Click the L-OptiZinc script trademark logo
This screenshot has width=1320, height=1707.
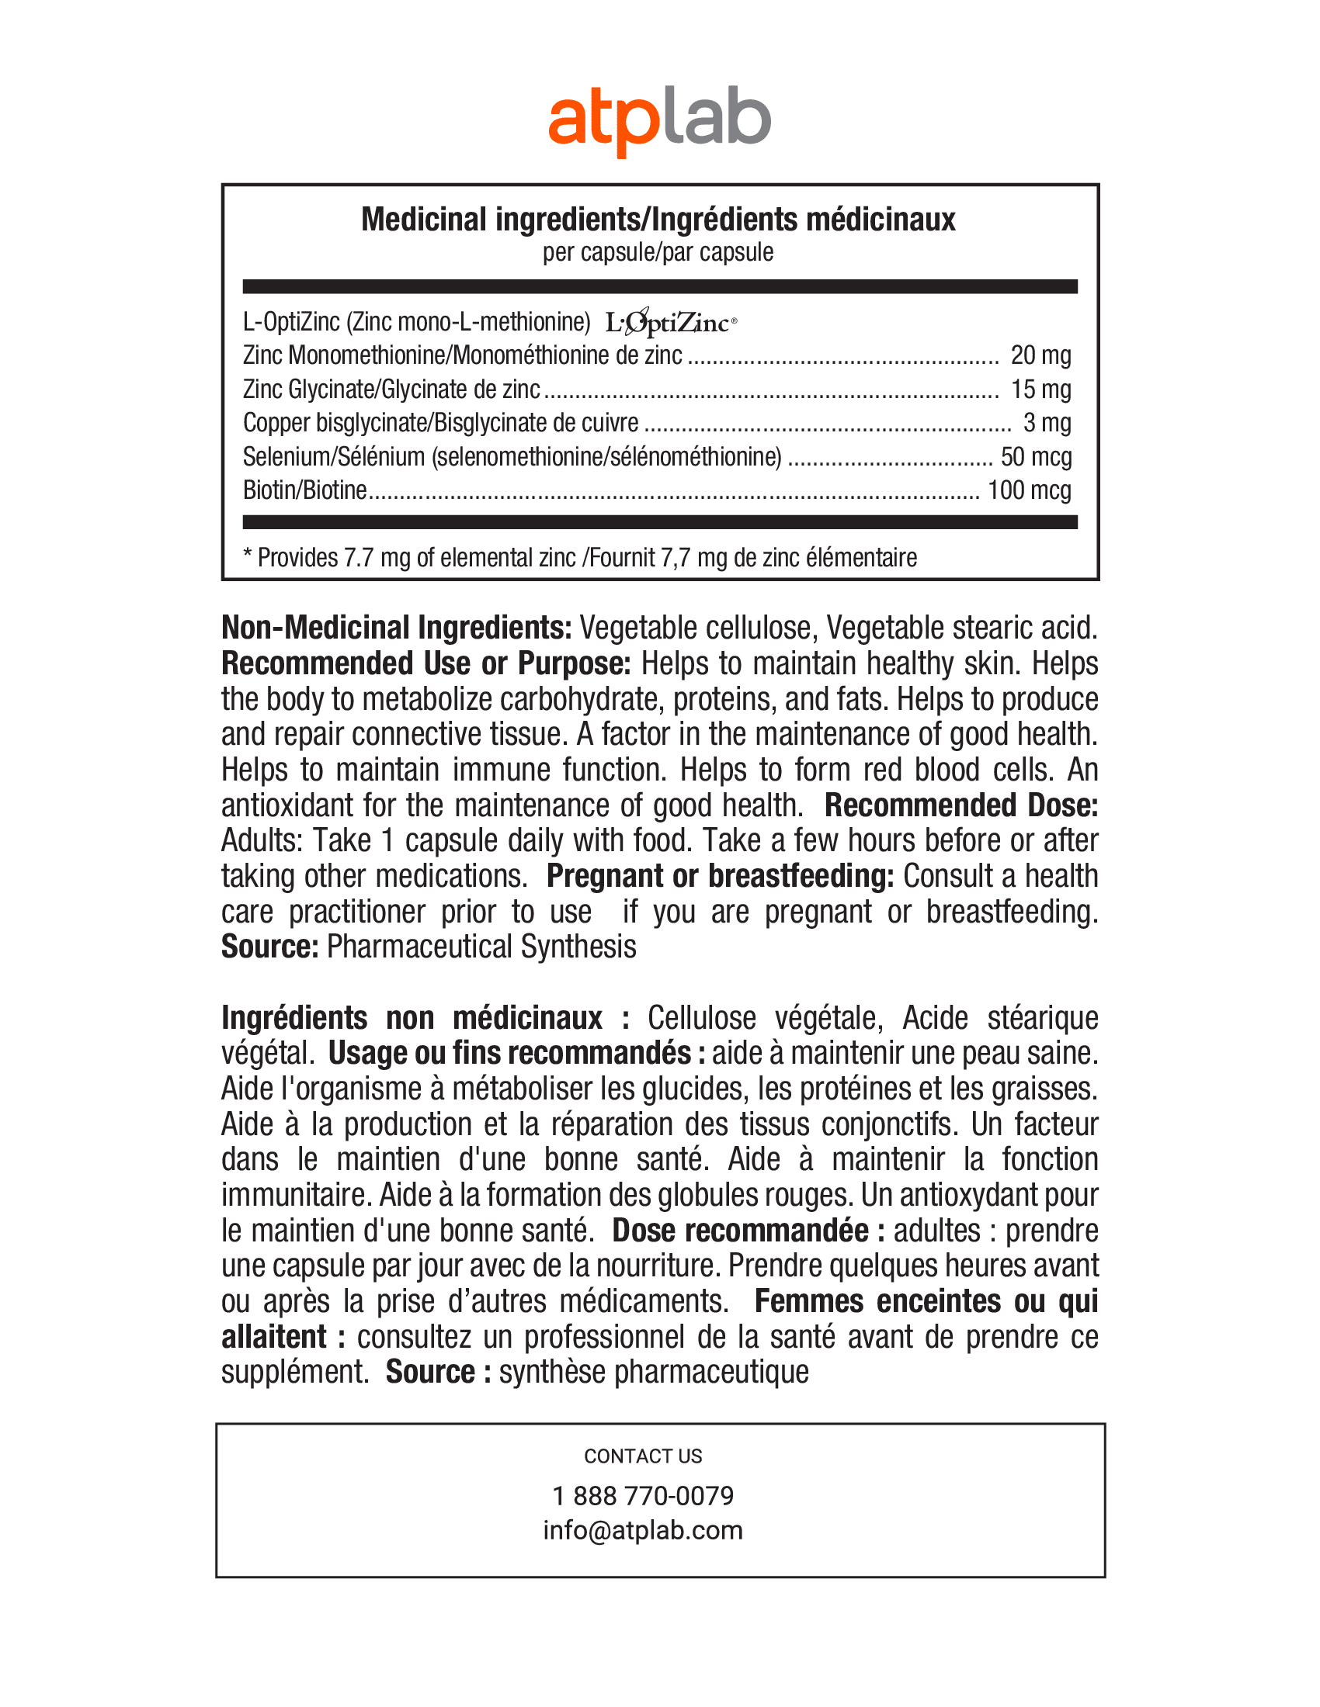(x=670, y=322)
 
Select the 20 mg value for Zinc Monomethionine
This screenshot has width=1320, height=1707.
(x=1040, y=355)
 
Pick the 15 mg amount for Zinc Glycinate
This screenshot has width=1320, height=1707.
(x=1040, y=390)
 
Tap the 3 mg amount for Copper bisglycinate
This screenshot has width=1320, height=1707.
(x=1047, y=423)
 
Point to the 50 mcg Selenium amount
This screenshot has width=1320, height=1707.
(x=1035, y=456)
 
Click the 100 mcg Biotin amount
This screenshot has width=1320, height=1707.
(x=1029, y=490)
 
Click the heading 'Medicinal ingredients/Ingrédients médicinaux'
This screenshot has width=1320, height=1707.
(x=658, y=220)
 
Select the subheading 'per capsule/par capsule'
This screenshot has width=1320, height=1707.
(x=658, y=252)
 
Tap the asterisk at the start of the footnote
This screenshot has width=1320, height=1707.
(x=248, y=556)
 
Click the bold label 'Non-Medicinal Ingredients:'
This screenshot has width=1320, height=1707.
(x=397, y=628)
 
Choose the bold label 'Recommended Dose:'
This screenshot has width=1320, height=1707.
(x=961, y=805)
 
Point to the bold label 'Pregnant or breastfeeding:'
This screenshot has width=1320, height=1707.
(x=720, y=876)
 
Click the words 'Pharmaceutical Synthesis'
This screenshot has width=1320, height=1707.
(x=481, y=947)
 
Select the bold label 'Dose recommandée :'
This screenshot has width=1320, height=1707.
(x=749, y=1231)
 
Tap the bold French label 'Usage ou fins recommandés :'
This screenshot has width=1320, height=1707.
(x=517, y=1053)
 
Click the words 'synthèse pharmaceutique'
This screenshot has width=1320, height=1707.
(x=654, y=1372)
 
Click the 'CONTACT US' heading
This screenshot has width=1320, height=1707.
(x=643, y=1456)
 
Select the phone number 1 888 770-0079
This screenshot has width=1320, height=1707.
(x=643, y=1495)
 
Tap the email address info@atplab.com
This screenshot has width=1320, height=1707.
(x=643, y=1529)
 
